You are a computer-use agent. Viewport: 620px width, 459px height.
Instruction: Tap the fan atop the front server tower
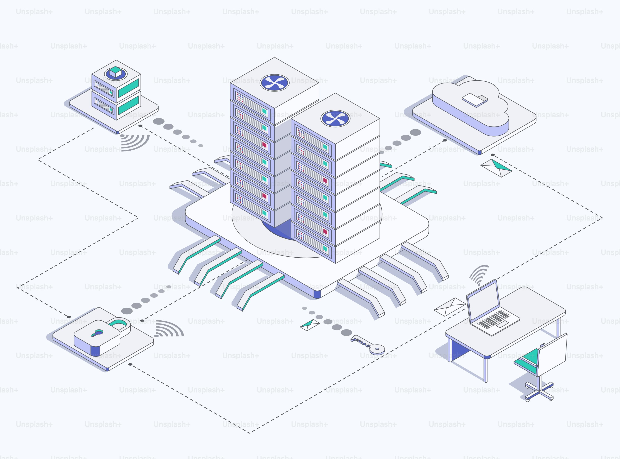(335, 118)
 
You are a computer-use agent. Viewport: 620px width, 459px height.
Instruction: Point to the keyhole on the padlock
(98, 332)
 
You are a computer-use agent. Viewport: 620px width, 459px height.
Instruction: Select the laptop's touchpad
(502, 324)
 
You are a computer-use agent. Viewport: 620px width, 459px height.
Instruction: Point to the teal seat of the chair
(527, 360)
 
